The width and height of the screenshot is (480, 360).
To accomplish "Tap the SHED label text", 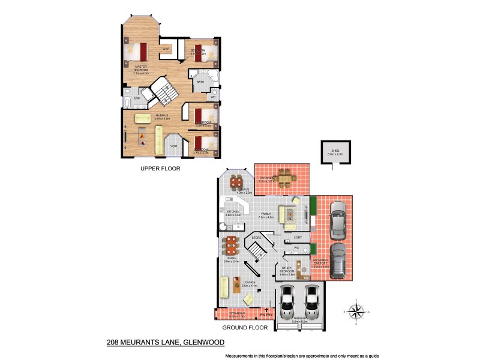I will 335,151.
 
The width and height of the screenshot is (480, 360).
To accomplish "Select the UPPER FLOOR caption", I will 160,169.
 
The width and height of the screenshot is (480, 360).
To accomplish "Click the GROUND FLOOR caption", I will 244,328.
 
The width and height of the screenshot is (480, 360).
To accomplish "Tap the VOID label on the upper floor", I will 173,146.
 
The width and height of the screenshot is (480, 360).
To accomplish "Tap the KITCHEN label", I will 233,211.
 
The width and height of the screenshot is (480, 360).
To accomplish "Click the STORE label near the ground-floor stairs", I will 256,238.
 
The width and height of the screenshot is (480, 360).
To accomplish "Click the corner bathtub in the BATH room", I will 197,76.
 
